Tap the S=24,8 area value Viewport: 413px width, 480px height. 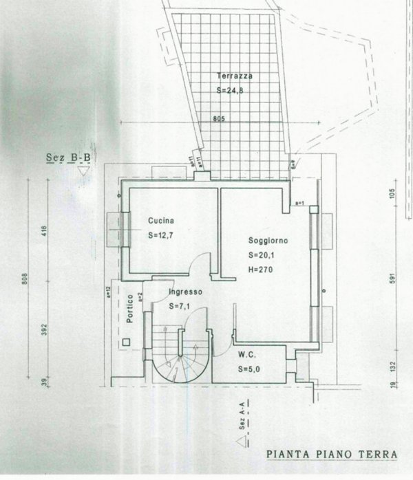point(229,90)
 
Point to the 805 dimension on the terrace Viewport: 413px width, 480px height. point(219,118)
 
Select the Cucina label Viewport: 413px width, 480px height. point(160,221)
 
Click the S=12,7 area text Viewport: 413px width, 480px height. point(162,236)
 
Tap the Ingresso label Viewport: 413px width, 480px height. point(187,292)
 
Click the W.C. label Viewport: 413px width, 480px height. point(248,356)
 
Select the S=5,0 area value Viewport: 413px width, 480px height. point(251,369)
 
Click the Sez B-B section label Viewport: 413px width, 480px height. point(67,157)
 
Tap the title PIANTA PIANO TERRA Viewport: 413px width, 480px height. point(331,454)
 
